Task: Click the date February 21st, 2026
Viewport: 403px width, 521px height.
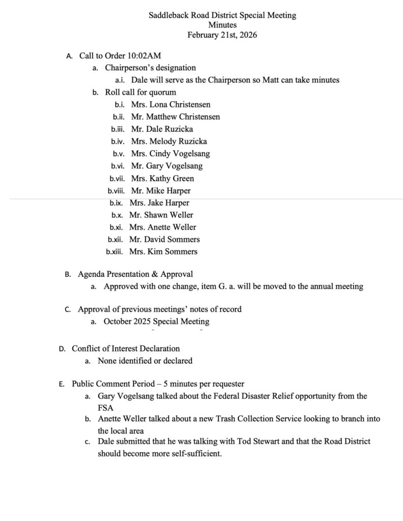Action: pyautogui.click(x=222, y=35)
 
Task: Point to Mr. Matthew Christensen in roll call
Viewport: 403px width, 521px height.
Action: pyautogui.click(x=175, y=117)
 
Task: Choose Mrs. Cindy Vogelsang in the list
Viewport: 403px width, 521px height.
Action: pyautogui.click(x=170, y=154)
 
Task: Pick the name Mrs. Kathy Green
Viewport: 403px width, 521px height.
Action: pyautogui.click(x=162, y=179)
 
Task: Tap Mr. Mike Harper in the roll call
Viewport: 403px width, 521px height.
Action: pyautogui.click(x=160, y=191)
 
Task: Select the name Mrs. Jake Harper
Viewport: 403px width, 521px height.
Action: pyautogui.click(x=159, y=203)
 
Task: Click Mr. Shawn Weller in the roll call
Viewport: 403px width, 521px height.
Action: pyautogui.click(x=161, y=215)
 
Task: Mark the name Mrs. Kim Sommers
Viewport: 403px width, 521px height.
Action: pyautogui.click(x=163, y=251)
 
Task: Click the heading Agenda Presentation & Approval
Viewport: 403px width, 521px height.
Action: pyautogui.click(x=135, y=275)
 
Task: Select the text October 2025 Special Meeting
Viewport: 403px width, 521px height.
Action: pyautogui.click(x=156, y=322)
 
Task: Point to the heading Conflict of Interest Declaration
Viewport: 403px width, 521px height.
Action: pyautogui.click(x=126, y=349)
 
